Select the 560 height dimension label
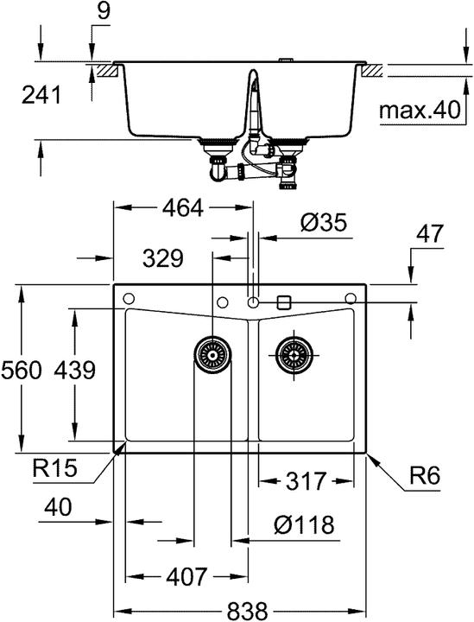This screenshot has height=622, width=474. tap(21, 370)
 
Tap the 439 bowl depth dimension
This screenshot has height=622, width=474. tap(75, 370)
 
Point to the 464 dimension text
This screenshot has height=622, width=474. tap(183, 207)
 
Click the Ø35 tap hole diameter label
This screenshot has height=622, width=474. tap(324, 222)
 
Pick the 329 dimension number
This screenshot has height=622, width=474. tap(163, 258)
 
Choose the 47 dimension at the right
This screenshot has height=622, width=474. tap(430, 233)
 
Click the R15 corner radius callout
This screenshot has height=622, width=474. tap(54, 467)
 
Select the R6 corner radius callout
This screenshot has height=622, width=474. tap(425, 475)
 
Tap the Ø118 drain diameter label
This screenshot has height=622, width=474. tap(304, 525)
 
